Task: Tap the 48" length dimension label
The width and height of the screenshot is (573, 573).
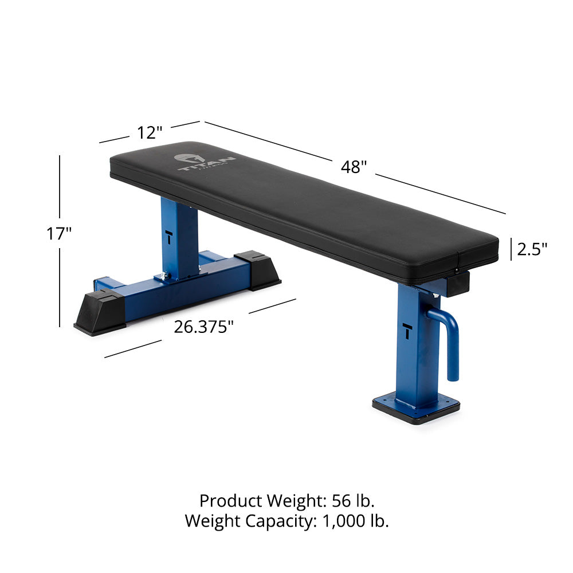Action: [354, 167]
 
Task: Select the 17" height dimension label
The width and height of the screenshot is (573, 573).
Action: [60, 233]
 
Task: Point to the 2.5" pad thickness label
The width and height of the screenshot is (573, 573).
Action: [532, 249]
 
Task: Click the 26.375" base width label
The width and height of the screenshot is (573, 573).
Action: [205, 327]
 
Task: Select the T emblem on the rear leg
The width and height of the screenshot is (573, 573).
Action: [170, 236]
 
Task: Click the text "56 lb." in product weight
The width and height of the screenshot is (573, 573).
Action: [354, 501]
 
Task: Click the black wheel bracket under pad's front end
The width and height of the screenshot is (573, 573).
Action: [457, 283]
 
